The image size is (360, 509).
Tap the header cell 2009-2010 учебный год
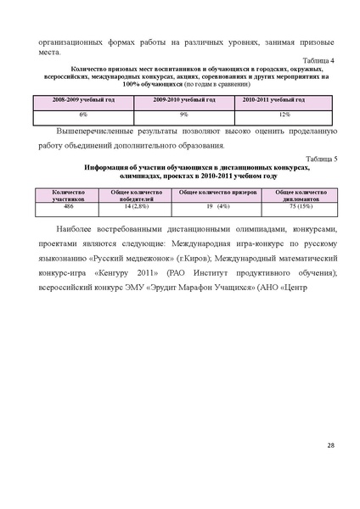pyautogui.click(x=184, y=100)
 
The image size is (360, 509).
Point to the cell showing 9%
pyautogui.click(x=184, y=113)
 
